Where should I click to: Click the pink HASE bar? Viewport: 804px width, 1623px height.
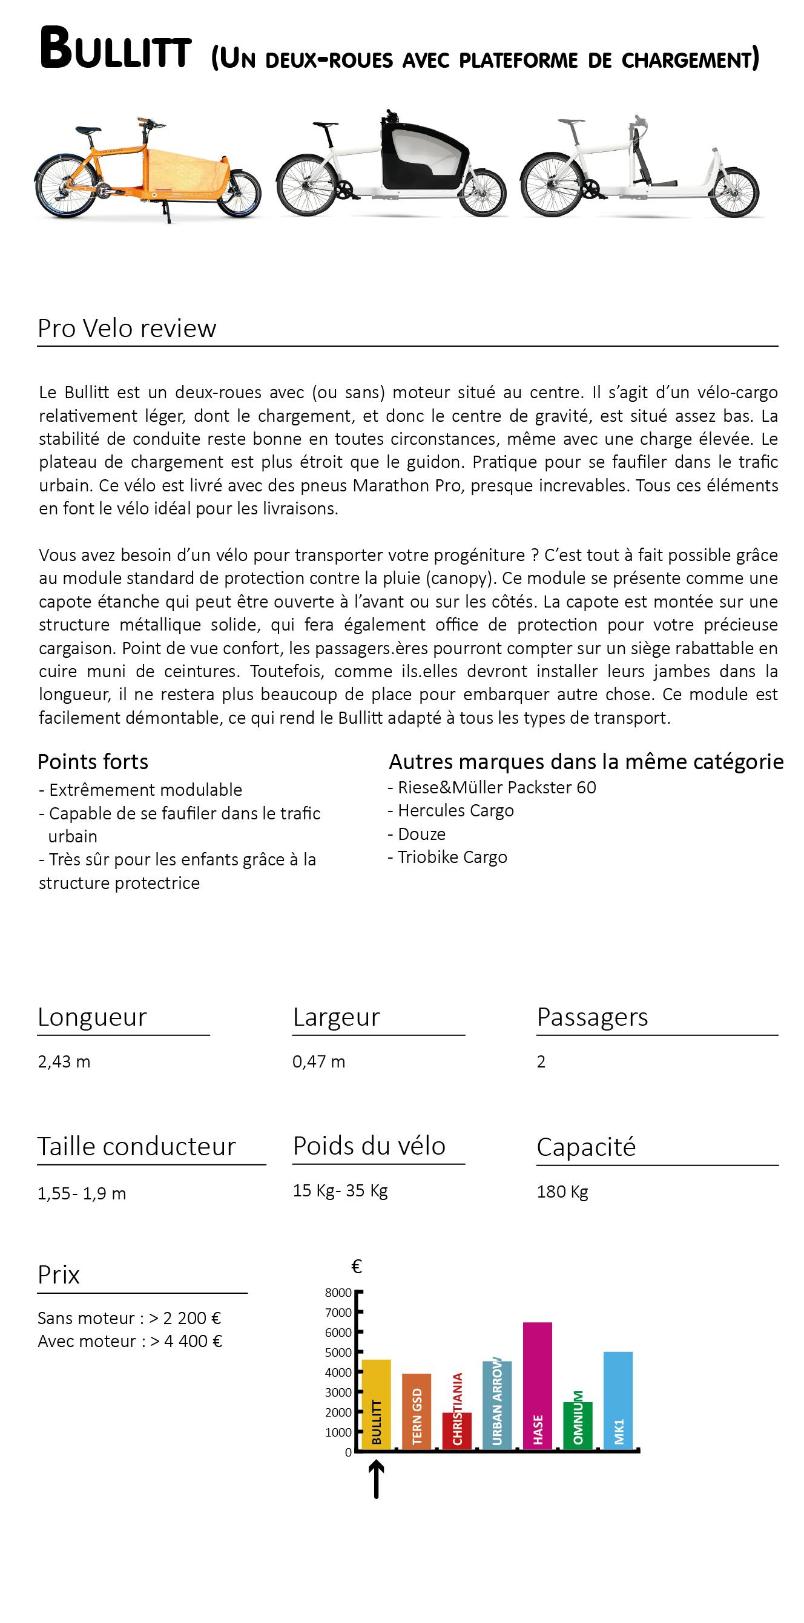tap(538, 1386)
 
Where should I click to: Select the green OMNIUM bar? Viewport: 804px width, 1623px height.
tap(578, 1426)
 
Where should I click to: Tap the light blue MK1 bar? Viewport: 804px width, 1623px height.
tap(618, 1400)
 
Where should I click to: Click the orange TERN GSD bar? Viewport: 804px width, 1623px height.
tap(417, 1411)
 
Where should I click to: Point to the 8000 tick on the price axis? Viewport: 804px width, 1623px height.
tap(338, 1293)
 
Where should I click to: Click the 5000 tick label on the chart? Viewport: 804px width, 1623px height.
tap(338, 1352)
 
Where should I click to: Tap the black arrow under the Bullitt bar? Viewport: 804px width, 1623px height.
tap(376, 1480)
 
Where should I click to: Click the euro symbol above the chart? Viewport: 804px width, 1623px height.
tap(357, 1267)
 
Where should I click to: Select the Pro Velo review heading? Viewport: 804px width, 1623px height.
tap(127, 328)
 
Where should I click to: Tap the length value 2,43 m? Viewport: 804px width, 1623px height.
tap(64, 1061)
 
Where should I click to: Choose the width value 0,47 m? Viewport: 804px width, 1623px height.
tap(319, 1061)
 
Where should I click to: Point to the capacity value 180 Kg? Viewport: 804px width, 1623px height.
tap(562, 1192)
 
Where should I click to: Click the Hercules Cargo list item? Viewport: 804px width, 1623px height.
tap(455, 810)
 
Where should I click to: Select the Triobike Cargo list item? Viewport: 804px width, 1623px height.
tap(452, 857)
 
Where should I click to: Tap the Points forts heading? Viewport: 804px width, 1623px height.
tap(93, 762)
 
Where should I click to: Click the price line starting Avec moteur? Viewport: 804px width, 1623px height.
tap(130, 1342)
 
